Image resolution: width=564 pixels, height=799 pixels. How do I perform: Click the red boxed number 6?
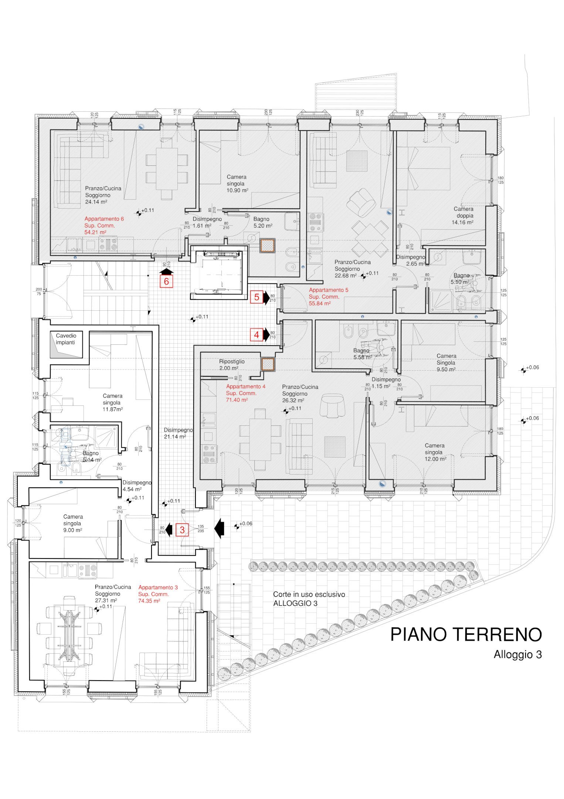166,281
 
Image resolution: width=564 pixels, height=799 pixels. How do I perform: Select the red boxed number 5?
256,297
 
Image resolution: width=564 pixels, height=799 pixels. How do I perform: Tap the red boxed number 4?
256,335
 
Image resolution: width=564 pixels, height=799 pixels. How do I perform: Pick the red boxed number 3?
182,530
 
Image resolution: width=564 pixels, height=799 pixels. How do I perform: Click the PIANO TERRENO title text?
466,634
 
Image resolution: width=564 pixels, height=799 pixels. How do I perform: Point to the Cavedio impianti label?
66,339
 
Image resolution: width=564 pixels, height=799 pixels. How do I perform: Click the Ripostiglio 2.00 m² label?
231,365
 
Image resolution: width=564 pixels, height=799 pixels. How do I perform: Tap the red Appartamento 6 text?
104,219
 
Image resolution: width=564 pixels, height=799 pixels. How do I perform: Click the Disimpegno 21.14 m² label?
178,433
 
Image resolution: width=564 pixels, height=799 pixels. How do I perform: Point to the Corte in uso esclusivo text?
309,594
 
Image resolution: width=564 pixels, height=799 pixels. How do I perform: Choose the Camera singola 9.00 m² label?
73,523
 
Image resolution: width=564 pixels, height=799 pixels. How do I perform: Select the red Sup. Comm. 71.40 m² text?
241,397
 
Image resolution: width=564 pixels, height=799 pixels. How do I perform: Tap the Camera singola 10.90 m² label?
237,183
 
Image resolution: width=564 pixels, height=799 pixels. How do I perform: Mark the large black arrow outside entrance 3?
220,528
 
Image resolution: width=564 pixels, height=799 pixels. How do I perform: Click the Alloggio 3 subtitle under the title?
517,654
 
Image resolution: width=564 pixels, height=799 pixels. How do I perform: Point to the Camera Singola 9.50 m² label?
446,363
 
